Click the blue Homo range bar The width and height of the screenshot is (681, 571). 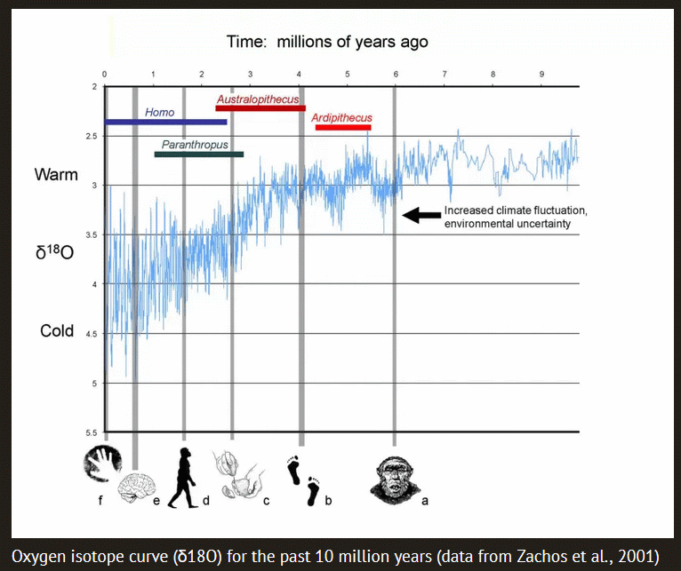point(165,122)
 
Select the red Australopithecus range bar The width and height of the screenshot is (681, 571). point(260,108)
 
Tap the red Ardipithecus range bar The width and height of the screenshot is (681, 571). point(343,128)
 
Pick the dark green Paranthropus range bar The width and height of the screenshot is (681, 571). point(198,155)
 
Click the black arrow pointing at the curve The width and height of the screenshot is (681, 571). point(419,214)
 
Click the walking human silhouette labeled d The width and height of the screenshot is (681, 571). point(184,477)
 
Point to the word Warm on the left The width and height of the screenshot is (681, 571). point(56,174)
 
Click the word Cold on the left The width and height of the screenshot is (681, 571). point(57,331)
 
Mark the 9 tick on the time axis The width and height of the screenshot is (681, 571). point(541,74)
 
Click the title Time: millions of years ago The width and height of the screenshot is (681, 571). point(326,42)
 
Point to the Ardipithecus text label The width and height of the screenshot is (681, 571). point(341,117)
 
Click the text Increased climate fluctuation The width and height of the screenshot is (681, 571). point(515,212)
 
